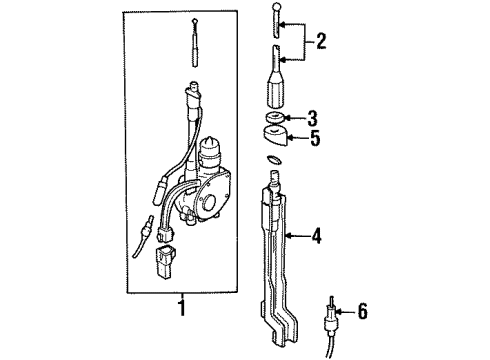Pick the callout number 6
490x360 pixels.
362,312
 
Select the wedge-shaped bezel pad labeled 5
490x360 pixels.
276,135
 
